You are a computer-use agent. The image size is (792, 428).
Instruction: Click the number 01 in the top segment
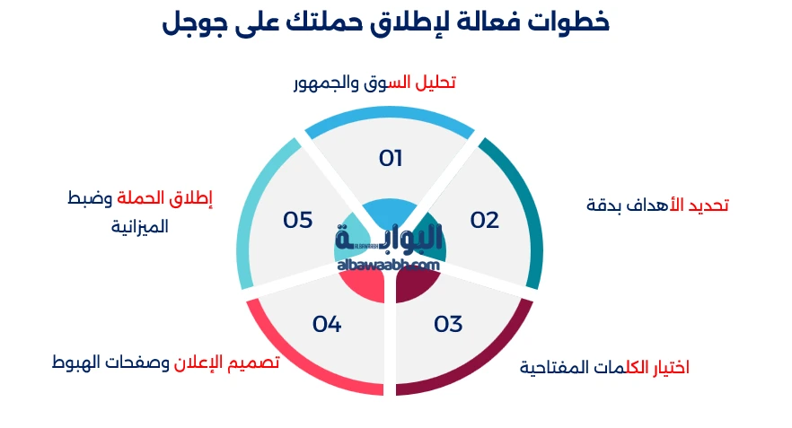(390, 159)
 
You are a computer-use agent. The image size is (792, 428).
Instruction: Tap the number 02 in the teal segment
(484, 220)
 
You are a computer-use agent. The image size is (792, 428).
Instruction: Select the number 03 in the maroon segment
(448, 324)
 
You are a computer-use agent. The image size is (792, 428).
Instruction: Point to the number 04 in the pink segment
(327, 324)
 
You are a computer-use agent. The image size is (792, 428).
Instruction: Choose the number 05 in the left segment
(297, 220)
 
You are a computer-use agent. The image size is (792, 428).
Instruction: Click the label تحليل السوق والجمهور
(374, 83)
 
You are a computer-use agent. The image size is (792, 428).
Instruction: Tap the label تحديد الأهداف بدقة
(656, 205)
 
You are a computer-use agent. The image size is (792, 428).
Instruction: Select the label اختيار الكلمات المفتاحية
(604, 368)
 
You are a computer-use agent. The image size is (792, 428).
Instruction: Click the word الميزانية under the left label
(140, 227)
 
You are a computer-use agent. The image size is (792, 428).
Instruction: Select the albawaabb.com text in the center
(389, 265)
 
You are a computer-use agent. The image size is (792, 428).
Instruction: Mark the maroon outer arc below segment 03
(476, 368)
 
